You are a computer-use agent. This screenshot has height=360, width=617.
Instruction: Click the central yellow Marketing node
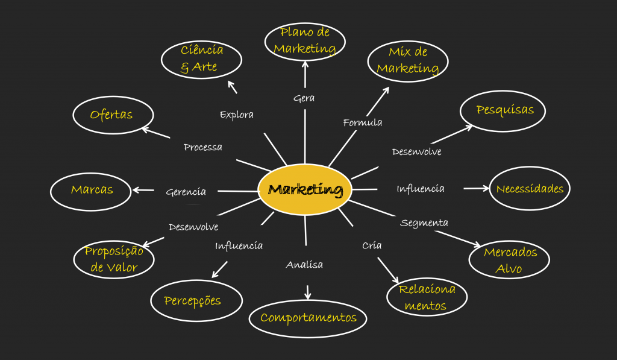(x=305, y=189)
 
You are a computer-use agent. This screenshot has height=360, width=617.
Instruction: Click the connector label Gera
(x=304, y=98)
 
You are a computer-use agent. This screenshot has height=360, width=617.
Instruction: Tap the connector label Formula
(x=362, y=122)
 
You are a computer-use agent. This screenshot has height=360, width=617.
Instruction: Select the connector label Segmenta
(x=424, y=223)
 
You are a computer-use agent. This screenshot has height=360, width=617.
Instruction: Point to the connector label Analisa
(x=304, y=265)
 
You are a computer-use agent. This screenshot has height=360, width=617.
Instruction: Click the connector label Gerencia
(x=186, y=192)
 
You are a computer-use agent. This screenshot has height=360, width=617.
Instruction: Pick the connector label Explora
(x=236, y=115)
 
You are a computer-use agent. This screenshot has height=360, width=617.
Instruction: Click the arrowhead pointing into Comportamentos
(x=308, y=295)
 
